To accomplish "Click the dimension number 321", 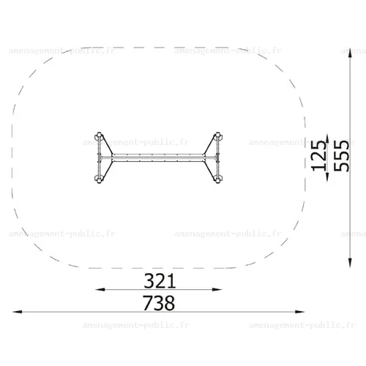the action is pyautogui.click(x=160, y=281).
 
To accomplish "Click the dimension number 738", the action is pyautogui.click(x=159, y=303).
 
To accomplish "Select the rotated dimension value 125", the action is pyautogui.click(x=319, y=156).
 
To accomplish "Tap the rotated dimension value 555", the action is pyautogui.click(x=341, y=156).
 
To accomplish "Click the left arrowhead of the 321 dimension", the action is pyautogui.click(x=100, y=290).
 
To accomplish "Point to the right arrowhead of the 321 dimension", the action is pyautogui.click(x=217, y=290).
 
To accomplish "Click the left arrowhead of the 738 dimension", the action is pyautogui.click(x=18, y=312).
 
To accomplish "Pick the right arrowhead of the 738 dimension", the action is pyautogui.click(x=299, y=312).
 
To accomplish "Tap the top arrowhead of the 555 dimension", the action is pyautogui.click(x=350, y=53).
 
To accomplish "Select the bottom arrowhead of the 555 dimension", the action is pyautogui.click(x=350, y=263).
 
